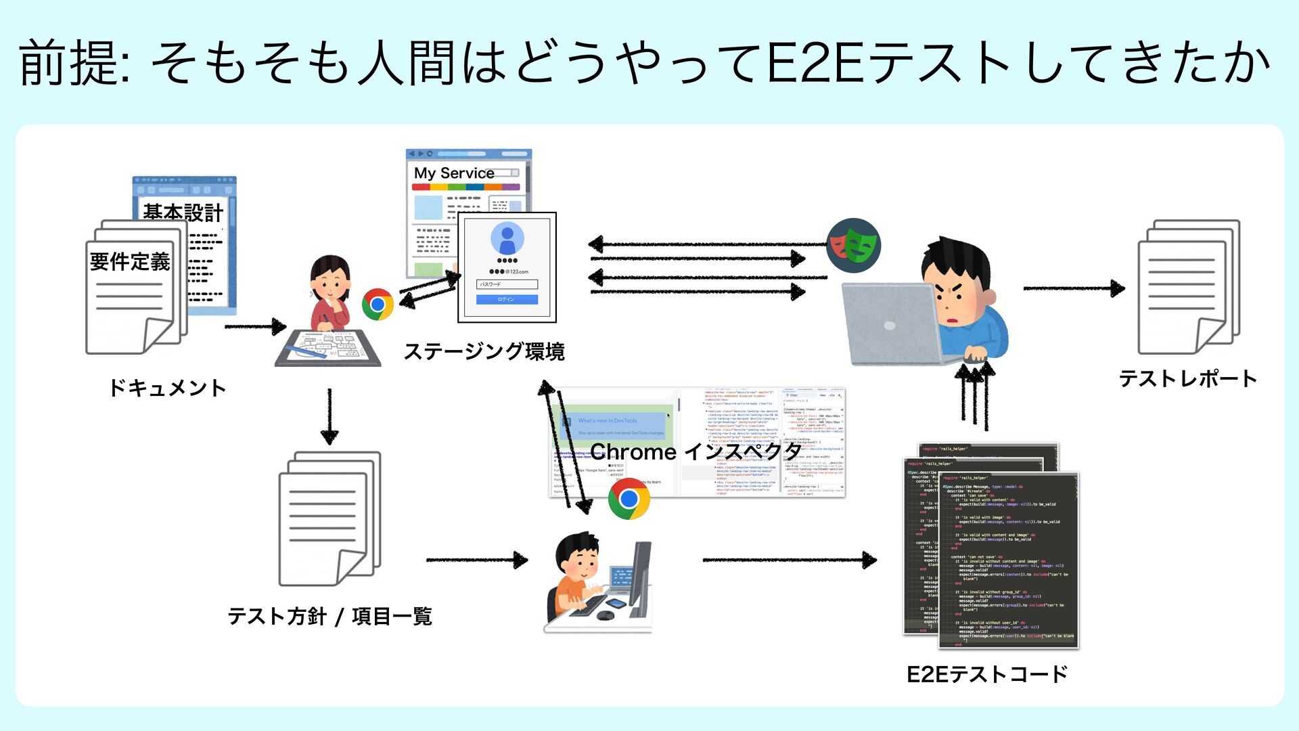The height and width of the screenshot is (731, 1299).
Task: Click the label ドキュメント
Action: tap(167, 388)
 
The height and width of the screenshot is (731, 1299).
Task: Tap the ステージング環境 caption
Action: tap(484, 351)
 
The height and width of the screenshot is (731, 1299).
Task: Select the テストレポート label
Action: tap(1188, 378)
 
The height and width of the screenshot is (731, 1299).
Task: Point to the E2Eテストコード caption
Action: tap(986, 674)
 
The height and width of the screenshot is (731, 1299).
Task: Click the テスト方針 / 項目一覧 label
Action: tap(329, 616)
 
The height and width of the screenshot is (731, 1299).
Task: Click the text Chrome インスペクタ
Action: tap(696, 451)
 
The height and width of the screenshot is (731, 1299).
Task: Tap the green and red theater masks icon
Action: tap(853, 245)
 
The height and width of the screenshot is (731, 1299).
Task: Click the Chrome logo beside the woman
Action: tap(378, 305)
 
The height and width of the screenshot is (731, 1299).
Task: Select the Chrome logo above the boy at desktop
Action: tap(629, 499)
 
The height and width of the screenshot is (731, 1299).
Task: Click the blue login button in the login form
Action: tap(507, 299)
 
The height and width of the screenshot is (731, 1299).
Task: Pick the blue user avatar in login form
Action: tap(507, 238)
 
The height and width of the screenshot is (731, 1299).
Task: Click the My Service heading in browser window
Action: tap(454, 173)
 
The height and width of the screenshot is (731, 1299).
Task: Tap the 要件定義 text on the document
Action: tap(130, 261)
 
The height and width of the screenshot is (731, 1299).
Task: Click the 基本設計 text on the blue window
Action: tap(183, 213)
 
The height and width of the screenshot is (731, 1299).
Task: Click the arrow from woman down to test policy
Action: tap(329, 416)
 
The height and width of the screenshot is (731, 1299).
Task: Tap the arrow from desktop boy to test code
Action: tap(789, 560)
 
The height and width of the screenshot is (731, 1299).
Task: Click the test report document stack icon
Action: tap(1188, 287)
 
